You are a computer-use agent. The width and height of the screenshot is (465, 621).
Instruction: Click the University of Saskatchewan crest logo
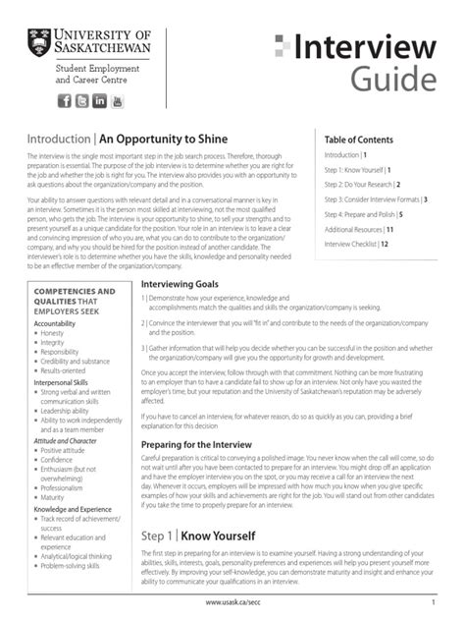[x=40, y=42]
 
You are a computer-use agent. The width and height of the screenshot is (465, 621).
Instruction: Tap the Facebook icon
[x=65, y=101]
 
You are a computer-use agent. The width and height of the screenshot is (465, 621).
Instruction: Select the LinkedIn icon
[x=99, y=101]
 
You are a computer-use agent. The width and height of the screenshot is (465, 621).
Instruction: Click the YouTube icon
[x=117, y=101]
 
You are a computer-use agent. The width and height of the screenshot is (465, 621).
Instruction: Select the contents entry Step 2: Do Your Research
[x=362, y=184]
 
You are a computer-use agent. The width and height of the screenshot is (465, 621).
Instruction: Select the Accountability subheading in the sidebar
[x=55, y=323]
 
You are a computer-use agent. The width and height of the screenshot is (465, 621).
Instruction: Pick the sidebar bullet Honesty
[x=53, y=333]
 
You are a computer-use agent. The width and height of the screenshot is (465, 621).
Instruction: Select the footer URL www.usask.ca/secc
[x=232, y=601]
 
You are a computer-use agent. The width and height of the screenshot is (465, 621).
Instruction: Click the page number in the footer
[x=433, y=601]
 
